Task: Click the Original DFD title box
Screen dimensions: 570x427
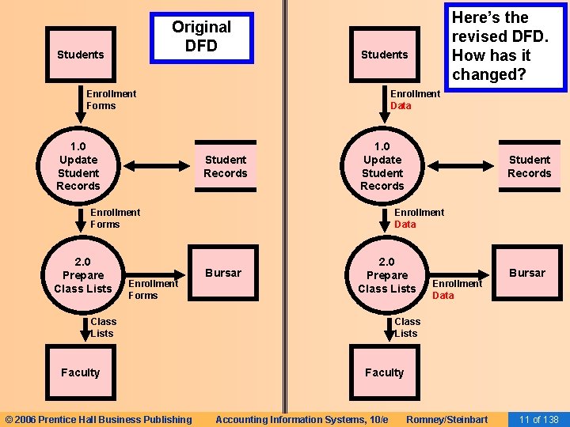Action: (x=201, y=37)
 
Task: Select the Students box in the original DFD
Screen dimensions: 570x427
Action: (x=80, y=55)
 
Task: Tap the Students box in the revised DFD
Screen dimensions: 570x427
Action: (x=384, y=55)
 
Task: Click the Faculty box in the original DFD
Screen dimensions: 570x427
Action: (x=80, y=372)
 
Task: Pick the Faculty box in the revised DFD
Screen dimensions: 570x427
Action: (x=384, y=372)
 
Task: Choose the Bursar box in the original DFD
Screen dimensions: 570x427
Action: (x=223, y=273)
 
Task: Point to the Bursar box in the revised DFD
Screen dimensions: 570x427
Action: (x=527, y=273)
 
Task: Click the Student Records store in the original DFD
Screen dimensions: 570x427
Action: (x=226, y=167)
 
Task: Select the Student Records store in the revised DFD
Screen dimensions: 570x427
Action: (x=529, y=167)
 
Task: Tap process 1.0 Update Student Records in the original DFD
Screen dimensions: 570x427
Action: (x=78, y=166)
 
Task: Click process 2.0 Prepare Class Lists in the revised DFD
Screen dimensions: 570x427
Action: (x=386, y=275)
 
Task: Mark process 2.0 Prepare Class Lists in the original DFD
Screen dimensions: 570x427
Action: (x=82, y=275)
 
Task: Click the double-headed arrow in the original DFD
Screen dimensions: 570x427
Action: (x=158, y=166)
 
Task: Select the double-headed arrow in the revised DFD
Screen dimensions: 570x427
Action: (x=462, y=166)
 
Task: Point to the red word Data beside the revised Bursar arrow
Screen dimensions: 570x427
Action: (x=443, y=296)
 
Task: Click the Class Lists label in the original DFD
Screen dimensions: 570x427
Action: (x=103, y=327)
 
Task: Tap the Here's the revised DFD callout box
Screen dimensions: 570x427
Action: (x=499, y=46)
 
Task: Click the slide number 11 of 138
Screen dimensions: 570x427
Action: (x=538, y=419)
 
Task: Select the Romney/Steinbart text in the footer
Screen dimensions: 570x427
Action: (x=446, y=419)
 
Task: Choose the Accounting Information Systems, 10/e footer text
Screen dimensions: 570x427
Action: (x=302, y=419)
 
